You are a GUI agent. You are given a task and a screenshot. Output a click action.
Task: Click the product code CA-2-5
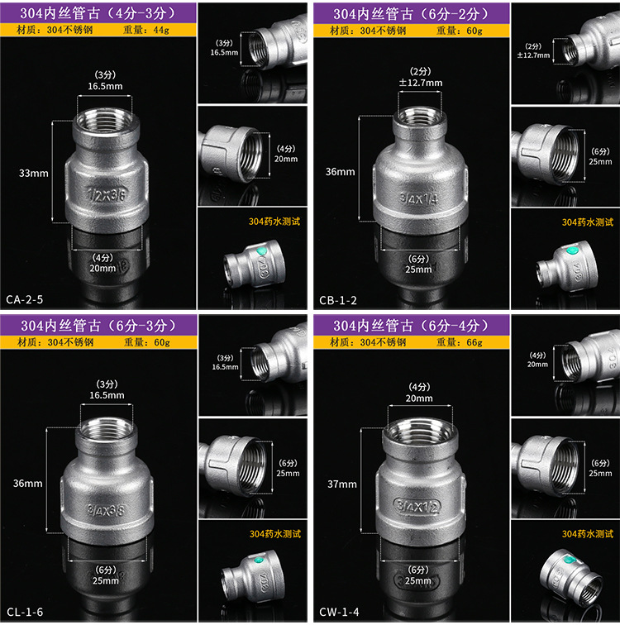[25, 299]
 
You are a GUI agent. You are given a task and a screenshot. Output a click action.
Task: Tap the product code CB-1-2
[338, 300]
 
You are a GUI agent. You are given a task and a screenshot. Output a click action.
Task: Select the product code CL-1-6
[25, 612]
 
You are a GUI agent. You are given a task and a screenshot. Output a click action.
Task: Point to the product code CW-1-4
[339, 612]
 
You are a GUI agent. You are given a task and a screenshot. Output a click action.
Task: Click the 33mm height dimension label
[33, 174]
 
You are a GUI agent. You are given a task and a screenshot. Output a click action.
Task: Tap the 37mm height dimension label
[342, 484]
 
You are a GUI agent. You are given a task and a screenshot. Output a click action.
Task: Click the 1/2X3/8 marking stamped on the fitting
[107, 194]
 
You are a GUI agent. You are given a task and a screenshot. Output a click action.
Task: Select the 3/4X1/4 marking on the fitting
[418, 198]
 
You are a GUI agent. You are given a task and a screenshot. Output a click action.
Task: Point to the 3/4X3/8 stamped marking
[106, 510]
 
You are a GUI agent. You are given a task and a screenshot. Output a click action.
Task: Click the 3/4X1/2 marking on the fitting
[417, 506]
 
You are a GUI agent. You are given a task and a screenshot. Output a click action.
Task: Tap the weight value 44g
[161, 30]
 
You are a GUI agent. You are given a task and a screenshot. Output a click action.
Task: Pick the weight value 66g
[475, 342]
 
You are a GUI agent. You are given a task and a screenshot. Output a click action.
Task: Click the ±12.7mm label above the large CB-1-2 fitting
[421, 83]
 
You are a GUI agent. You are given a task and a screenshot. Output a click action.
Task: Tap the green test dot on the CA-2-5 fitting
[261, 251]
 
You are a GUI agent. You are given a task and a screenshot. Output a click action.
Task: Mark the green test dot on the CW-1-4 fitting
[570, 560]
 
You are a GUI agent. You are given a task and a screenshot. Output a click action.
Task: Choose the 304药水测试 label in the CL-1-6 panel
[275, 534]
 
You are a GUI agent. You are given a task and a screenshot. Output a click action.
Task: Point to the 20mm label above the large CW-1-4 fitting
[419, 398]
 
